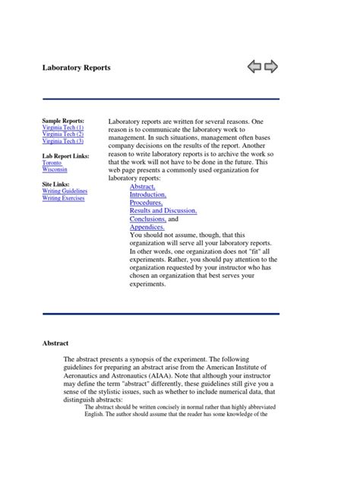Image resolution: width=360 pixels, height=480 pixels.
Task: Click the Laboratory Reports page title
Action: [x=76, y=68]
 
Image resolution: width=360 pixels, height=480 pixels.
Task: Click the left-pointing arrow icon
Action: [x=254, y=68]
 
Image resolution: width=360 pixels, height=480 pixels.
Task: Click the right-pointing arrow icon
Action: [x=271, y=68]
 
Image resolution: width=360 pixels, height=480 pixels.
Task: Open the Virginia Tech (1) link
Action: [x=63, y=128]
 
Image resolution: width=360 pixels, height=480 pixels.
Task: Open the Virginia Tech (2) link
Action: [x=63, y=134]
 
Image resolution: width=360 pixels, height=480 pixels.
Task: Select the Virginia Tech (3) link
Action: [x=63, y=141]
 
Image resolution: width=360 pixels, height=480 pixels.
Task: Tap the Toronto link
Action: [x=52, y=163]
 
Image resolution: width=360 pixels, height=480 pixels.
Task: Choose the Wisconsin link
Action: [x=55, y=169]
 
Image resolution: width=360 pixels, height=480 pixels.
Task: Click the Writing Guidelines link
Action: [x=65, y=191]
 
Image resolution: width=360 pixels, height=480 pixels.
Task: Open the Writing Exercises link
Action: [x=64, y=198]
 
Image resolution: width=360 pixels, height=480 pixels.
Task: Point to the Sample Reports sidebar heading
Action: [x=63, y=121]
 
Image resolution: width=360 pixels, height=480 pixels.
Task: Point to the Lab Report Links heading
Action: [x=65, y=156]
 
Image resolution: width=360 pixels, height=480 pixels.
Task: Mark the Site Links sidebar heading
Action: [x=58, y=185]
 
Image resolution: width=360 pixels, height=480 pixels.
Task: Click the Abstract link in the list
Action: [x=143, y=185]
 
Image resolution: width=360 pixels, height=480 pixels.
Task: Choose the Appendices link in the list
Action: [x=147, y=227]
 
